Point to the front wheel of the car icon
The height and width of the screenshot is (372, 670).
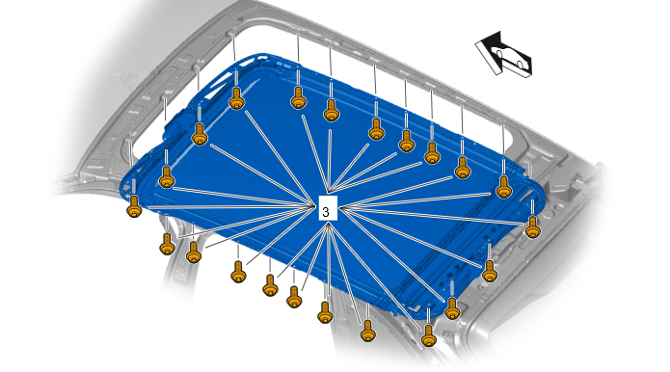[x=499, y=53]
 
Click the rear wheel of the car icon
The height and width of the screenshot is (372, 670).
[x=520, y=64]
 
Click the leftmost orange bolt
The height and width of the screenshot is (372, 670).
[x=134, y=206]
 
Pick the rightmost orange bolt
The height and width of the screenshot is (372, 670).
[x=533, y=227]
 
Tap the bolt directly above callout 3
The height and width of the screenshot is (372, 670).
[x=332, y=110]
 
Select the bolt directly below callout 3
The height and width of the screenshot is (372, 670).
[x=325, y=312]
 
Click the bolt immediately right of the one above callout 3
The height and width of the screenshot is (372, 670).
[x=376, y=129]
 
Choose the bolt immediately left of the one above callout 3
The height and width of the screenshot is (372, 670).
[x=298, y=97]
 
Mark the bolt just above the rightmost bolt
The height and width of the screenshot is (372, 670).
[x=504, y=187]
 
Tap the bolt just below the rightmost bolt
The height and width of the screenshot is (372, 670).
[x=490, y=271]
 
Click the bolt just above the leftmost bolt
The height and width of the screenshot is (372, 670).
[x=167, y=177]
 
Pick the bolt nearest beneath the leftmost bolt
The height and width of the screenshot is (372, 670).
[x=167, y=244]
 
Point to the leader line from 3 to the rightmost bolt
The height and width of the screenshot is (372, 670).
[x=433, y=215]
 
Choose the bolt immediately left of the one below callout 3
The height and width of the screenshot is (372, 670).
[x=294, y=297]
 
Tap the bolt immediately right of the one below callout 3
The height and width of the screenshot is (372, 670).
[x=368, y=331]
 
